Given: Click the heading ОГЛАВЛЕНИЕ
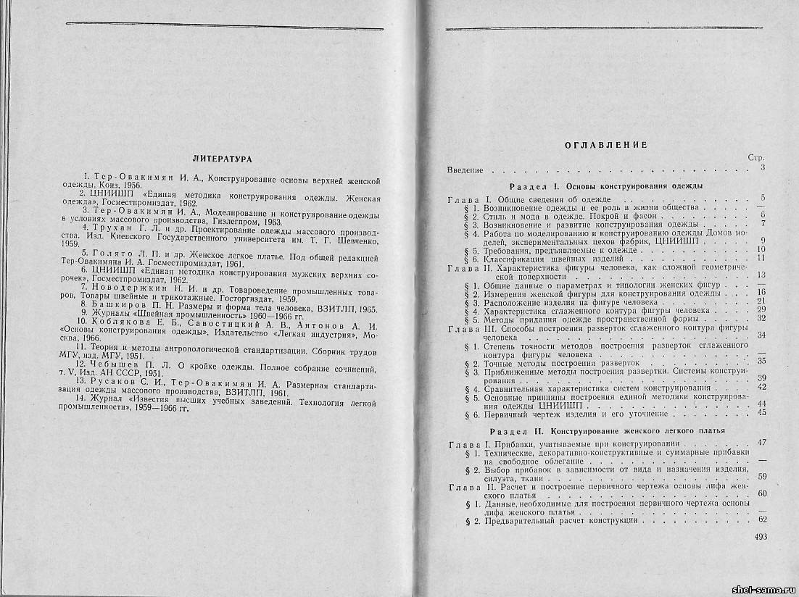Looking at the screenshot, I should [605, 145].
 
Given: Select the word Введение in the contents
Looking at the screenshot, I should [465, 170].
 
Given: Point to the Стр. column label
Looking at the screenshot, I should [756, 157].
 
